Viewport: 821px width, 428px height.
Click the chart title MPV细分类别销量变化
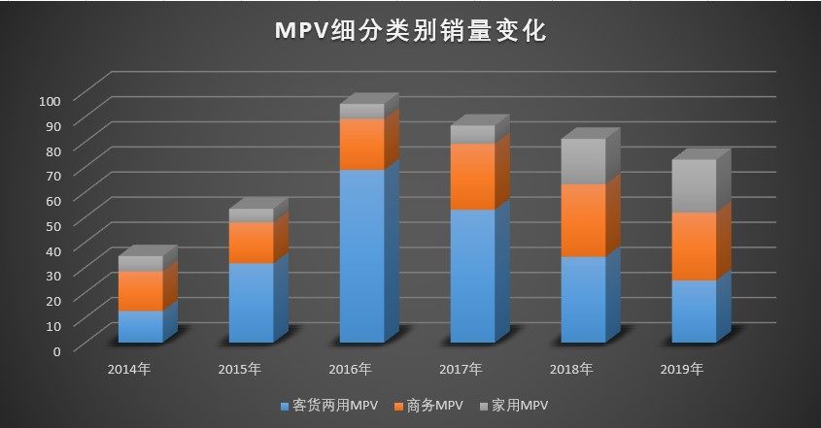click(410, 31)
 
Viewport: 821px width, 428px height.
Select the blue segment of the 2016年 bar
click(361, 255)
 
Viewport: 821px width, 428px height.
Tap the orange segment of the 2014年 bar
click(141, 291)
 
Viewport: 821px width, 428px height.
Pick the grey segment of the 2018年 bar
click(583, 161)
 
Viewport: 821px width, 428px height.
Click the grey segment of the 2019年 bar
click(694, 185)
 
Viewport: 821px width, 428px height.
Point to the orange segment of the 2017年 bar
click(472, 177)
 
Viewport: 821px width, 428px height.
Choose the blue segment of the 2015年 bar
click(251, 302)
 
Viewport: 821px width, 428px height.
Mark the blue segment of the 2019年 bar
click(694, 311)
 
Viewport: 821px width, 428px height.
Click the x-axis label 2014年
click(129, 370)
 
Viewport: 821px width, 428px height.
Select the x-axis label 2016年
click(351, 370)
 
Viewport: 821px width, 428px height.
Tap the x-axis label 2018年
click(572, 370)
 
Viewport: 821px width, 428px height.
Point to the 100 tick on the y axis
click(51, 100)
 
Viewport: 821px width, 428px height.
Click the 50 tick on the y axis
click(53, 225)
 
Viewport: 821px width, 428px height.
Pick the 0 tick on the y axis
click(57, 349)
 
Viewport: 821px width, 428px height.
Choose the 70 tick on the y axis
click(53, 175)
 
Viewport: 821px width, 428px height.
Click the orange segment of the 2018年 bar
click(583, 220)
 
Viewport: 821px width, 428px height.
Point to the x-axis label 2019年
click(683, 370)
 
